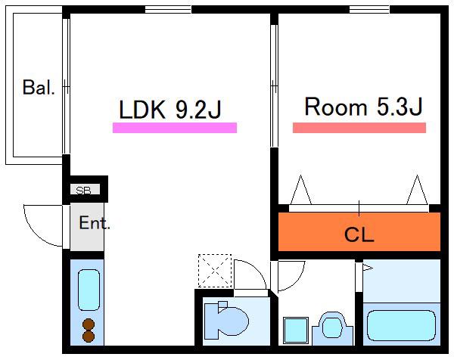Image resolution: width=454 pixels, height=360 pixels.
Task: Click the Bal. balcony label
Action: pos(39,87)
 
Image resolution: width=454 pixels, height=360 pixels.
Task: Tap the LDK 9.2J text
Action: pos(170,110)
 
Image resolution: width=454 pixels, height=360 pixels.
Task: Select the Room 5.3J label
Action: pos(363,107)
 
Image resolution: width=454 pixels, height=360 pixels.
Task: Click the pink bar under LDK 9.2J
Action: pos(175,128)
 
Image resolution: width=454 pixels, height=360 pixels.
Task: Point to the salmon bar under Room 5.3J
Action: pos(359,128)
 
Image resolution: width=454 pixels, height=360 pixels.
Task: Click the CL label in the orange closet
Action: pos(359,234)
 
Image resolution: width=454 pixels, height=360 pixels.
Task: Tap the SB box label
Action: pos(83,190)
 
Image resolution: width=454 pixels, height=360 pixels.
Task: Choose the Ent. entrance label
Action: pos(95,222)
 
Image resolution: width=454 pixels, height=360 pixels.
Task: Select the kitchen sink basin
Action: pos(89,290)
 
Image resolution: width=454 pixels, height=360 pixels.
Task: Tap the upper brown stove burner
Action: pos(89,324)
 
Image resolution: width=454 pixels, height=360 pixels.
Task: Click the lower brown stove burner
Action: pos(89,337)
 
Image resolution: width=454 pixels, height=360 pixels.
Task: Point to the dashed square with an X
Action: pos(215,271)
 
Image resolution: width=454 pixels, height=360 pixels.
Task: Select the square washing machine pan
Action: pos(296,331)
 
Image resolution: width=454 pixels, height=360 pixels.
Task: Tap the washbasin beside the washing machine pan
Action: pos(333,329)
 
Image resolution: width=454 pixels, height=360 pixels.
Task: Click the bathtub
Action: pos(401,325)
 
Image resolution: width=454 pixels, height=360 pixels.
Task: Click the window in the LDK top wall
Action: pos(168,10)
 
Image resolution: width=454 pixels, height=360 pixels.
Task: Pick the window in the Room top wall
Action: pos(369,10)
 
